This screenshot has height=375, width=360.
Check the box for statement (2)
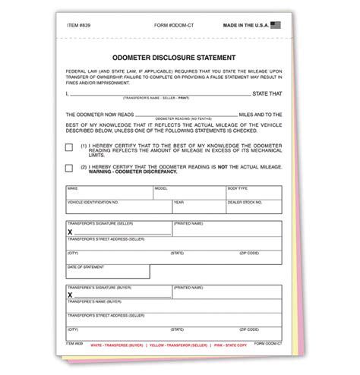point(70,167)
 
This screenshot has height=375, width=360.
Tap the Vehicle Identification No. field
point(118,207)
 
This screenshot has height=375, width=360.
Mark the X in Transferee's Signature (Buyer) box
point(70,295)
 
